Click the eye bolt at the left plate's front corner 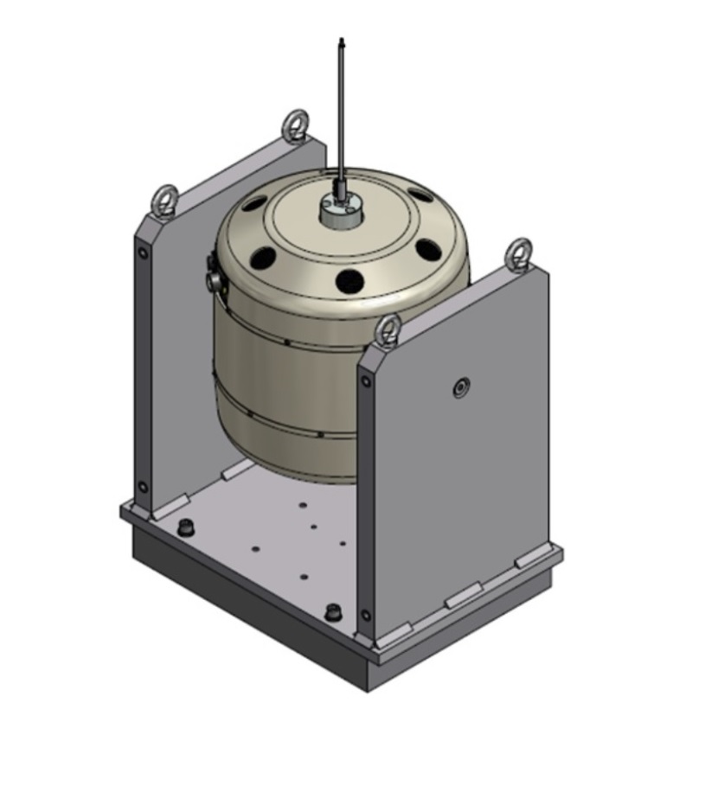pyautogui.click(x=164, y=201)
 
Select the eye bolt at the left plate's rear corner pyautogui.click(x=296, y=125)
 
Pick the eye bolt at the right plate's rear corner pyautogui.click(x=519, y=253)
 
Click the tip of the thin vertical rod pyautogui.click(x=342, y=41)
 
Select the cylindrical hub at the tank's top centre pyautogui.click(x=339, y=210)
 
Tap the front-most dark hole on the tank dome pyautogui.click(x=349, y=280)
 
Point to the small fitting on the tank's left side pyautogui.click(x=212, y=276)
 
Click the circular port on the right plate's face pyautogui.click(x=460, y=387)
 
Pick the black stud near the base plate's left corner pyautogui.click(x=183, y=527)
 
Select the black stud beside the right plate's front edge pyautogui.click(x=332, y=612)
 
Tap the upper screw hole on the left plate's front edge pyautogui.click(x=143, y=253)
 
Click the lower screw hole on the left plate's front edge pyautogui.click(x=144, y=487)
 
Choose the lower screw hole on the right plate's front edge pyautogui.click(x=365, y=616)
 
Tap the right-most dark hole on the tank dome pyautogui.click(x=427, y=250)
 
